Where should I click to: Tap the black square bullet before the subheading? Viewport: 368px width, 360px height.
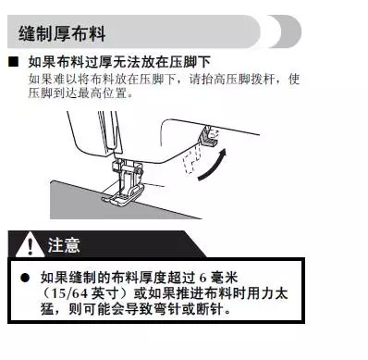tap(14, 62)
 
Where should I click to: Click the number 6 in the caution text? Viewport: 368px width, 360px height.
tap(201, 278)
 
